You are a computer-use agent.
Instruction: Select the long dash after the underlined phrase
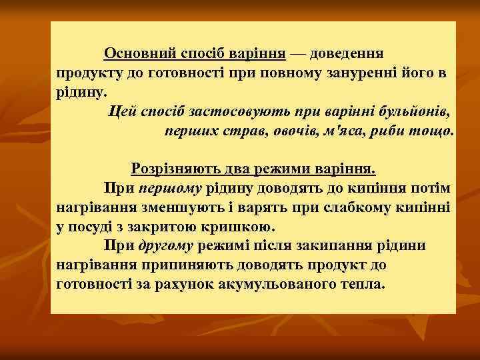coord(299,53)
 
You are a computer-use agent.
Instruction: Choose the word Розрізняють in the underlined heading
coord(170,170)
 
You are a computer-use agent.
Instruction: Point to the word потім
coord(433,189)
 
